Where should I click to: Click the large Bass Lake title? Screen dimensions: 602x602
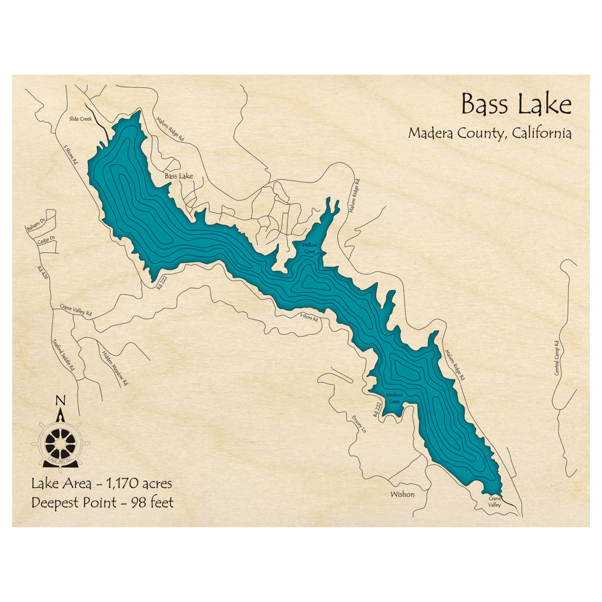(516, 105)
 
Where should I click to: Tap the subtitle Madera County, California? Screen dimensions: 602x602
(489, 133)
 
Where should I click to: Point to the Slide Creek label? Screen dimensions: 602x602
(80, 119)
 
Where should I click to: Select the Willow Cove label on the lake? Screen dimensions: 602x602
(309, 249)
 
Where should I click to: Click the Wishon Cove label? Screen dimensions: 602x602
(394, 398)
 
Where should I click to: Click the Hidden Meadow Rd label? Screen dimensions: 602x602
(116, 368)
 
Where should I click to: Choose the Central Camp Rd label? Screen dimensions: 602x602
(557, 359)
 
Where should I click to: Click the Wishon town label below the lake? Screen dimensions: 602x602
(402, 494)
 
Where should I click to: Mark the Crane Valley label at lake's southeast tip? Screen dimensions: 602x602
(494, 502)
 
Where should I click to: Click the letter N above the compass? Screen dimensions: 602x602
(60, 402)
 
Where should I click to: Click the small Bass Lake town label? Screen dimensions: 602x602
(179, 176)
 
